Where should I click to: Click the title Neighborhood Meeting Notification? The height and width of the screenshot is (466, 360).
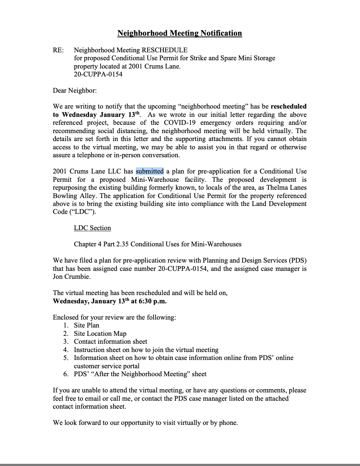[180, 33]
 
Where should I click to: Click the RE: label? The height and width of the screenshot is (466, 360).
[58, 50]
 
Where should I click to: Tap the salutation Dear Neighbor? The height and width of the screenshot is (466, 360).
[75, 91]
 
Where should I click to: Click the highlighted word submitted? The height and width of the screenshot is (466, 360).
[150, 171]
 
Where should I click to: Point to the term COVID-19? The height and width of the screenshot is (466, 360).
[180, 123]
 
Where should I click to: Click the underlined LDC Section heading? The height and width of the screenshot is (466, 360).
[92, 228]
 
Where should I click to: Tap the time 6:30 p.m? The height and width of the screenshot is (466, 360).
[153, 301]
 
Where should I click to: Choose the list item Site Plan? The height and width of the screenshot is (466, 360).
[87, 325]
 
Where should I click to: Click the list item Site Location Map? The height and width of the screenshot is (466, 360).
[100, 334]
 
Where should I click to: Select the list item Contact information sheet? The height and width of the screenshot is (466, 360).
[110, 342]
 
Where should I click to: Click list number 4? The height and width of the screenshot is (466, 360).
[66, 350]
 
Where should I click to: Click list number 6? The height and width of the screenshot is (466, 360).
[66, 374]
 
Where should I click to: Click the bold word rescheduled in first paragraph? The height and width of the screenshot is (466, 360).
[289, 106]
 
